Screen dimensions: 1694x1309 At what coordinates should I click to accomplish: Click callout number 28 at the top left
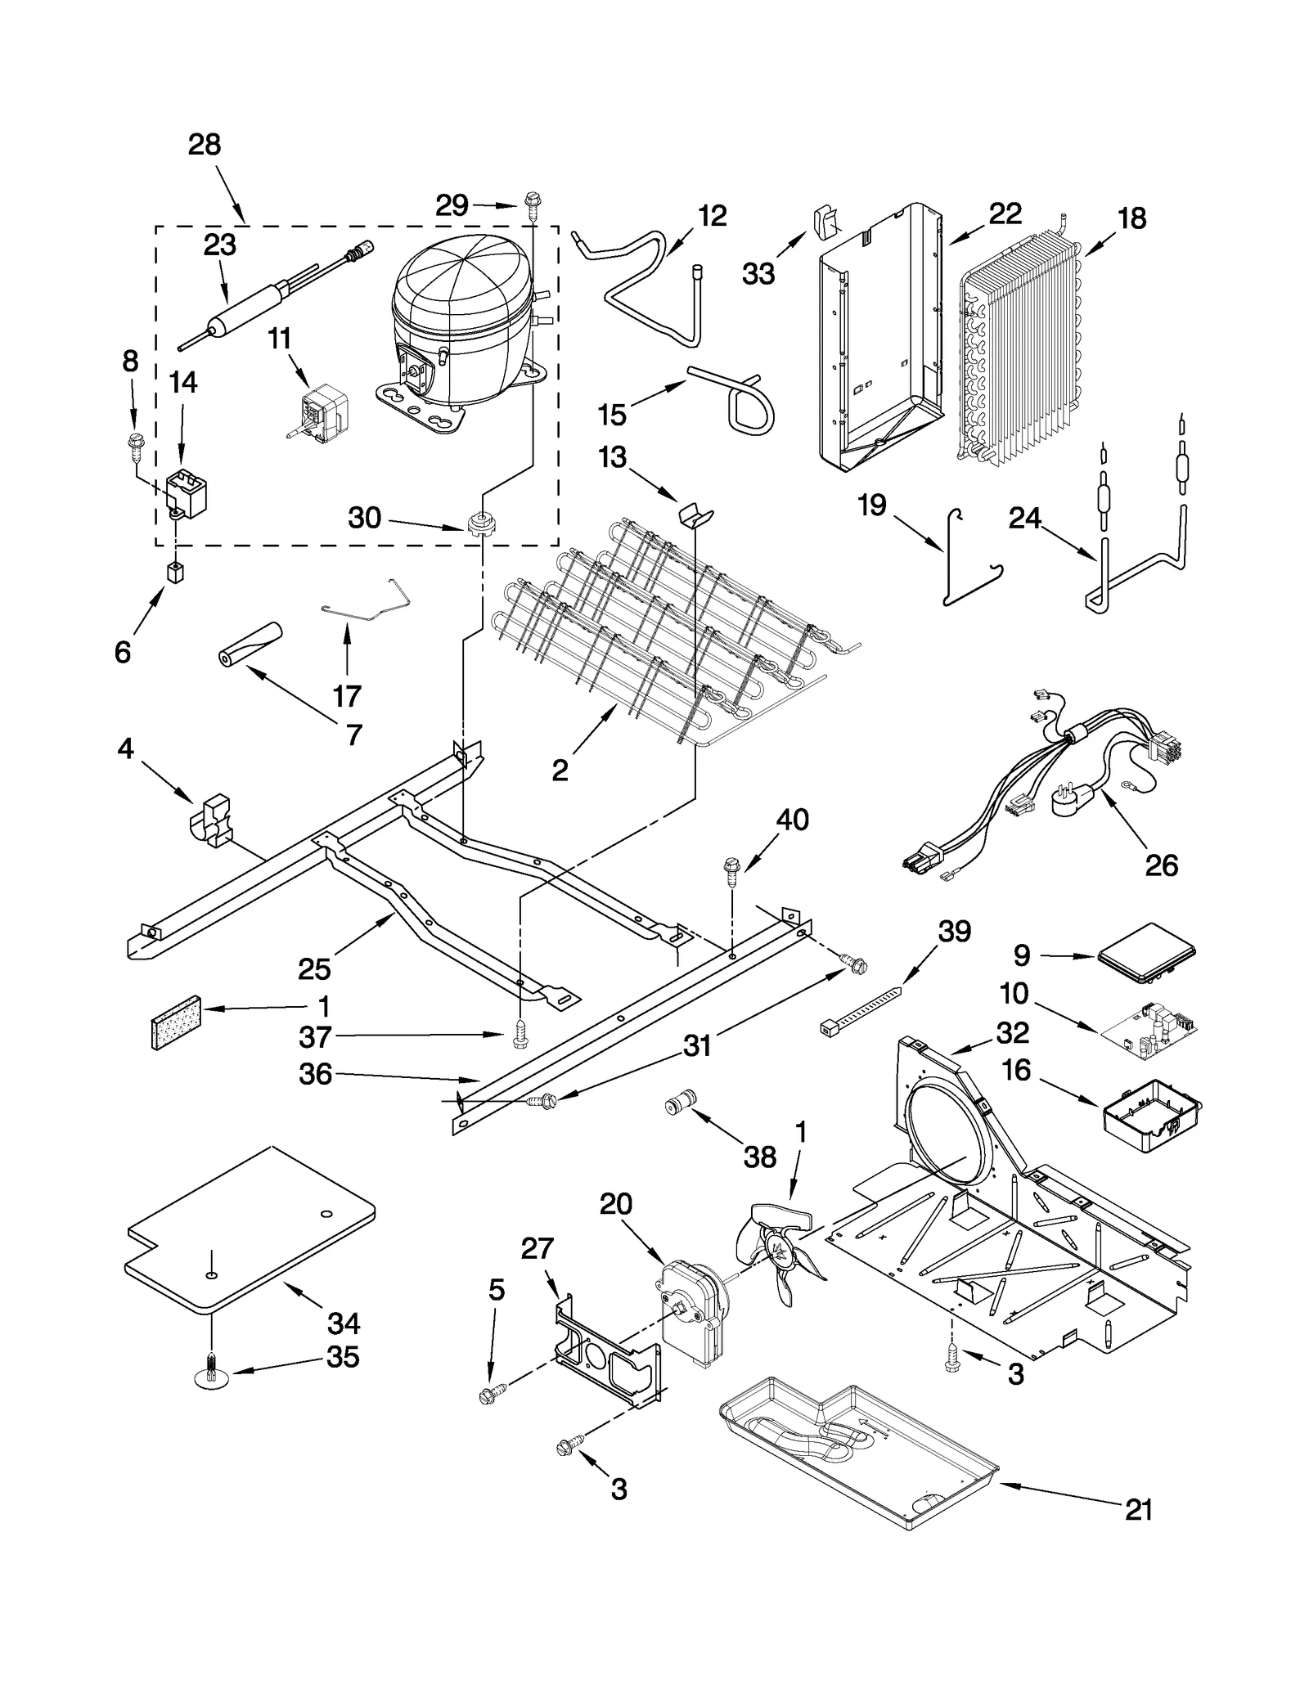tap(205, 145)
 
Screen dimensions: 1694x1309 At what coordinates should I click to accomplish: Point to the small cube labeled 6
tap(174, 572)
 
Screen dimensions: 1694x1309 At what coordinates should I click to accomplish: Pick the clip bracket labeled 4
tap(212, 818)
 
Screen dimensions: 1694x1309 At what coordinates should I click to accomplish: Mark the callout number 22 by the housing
tap(1005, 214)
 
